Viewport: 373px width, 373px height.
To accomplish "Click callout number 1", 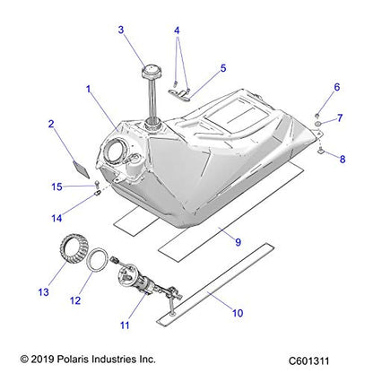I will [x=88, y=91].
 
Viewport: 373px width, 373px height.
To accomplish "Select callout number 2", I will [x=52, y=124].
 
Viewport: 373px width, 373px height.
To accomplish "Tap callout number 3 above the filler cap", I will [x=121, y=30].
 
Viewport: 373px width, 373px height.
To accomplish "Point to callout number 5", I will [x=223, y=67].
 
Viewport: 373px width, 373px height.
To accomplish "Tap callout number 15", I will [x=57, y=186].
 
